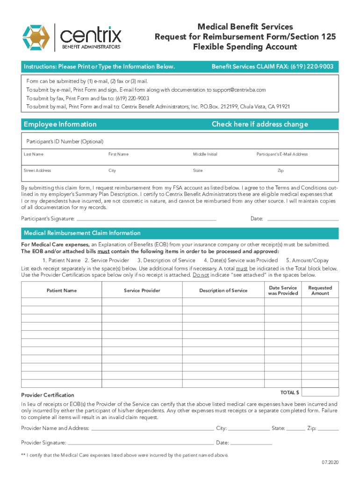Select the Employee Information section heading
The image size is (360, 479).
point(60,124)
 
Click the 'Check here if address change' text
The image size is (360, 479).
point(259,124)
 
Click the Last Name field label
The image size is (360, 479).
point(34,154)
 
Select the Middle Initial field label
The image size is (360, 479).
point(205,154)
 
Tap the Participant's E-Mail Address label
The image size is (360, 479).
point(282,154)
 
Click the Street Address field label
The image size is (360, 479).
point(37,171)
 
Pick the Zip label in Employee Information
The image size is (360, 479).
point(280,171)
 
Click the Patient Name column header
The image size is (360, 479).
point(62,290)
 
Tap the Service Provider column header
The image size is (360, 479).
point(142,290)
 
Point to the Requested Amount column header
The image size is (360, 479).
point(320,290)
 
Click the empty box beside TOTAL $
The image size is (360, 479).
point(320,392)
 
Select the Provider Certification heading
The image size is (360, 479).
point(48,395)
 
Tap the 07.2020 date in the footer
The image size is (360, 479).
point(329,463)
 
